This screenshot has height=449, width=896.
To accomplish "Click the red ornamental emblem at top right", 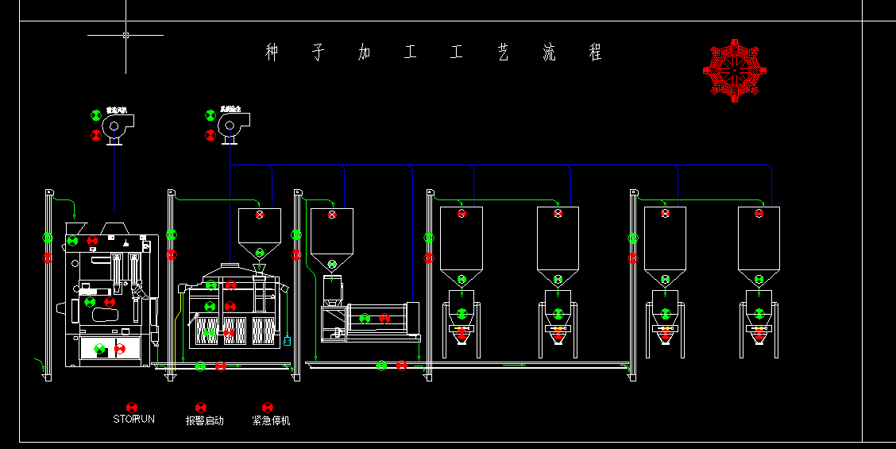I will point(735,70).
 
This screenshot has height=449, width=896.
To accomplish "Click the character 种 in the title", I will point(272,53).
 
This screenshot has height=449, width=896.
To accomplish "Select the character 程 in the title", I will point(595,53).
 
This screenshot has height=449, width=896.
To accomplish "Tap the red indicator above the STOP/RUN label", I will point(132,407).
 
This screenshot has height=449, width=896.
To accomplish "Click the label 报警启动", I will point(205,420).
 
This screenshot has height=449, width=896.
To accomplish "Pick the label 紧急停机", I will point(271,420).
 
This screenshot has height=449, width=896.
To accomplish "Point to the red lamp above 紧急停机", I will point(267,407).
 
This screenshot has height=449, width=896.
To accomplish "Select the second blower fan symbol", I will point(232,126).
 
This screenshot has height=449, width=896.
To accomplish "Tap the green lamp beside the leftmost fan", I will point(96,115).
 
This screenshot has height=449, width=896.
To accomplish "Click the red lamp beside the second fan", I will point(210,135).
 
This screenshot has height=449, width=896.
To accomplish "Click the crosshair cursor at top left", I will point(126,35).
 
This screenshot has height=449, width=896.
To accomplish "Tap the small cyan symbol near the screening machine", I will point(287,340).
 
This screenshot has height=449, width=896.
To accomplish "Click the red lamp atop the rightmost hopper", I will point(759,213).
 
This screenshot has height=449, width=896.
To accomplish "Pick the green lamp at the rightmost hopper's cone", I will point(759,279).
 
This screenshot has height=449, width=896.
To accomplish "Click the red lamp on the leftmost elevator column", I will point(48,257).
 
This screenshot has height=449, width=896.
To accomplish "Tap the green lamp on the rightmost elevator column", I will point(633,238).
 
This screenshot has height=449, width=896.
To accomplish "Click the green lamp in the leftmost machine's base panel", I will point(99,348).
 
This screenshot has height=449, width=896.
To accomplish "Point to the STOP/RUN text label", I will point(133,419).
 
